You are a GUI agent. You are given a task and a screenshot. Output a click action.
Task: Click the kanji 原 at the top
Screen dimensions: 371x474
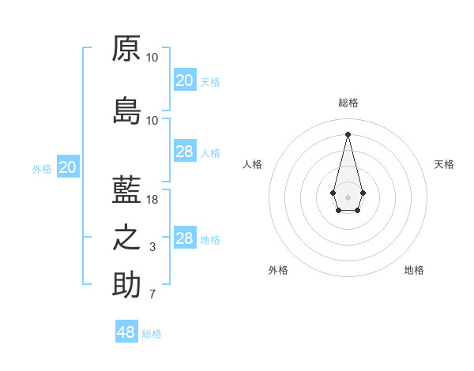click(x=126, y=48)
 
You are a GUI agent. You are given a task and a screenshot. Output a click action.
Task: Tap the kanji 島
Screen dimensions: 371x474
click(x=126, y=111)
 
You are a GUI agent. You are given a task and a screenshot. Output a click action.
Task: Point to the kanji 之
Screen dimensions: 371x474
click(x=126, y=238)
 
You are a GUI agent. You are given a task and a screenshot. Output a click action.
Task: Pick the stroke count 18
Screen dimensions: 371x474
click(x=152, y=200)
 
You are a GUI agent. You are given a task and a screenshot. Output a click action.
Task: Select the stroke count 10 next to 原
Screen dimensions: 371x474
click(x=152, y=58)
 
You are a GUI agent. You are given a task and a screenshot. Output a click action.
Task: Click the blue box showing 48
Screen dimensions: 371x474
click(x=126, y=332)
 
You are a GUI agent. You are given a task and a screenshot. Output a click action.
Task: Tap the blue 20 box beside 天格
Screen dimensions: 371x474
click(x=185, y=81)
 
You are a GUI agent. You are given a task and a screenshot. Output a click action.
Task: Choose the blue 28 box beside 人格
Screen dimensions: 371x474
click(x=185, y=152)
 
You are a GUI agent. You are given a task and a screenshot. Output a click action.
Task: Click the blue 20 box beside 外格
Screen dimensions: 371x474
click(x=68, y=167)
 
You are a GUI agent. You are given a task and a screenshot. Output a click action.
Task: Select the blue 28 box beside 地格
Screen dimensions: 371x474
click(x=185, y=238)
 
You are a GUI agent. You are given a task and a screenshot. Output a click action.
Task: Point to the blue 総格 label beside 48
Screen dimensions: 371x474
click(x=152, y=334)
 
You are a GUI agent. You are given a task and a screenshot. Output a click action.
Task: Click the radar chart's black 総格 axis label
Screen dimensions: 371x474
click(x=348, y=103)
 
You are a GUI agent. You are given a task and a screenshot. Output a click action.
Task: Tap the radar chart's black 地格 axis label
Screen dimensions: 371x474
click(x=414, y=270)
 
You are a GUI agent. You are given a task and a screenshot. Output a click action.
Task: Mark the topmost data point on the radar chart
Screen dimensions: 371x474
click(x=348, y=133)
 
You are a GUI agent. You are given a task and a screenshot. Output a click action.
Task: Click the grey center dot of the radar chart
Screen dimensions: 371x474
click(x=348, y=196)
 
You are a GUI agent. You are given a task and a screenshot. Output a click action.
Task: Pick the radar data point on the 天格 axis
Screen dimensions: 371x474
click(x=363, y=193)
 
